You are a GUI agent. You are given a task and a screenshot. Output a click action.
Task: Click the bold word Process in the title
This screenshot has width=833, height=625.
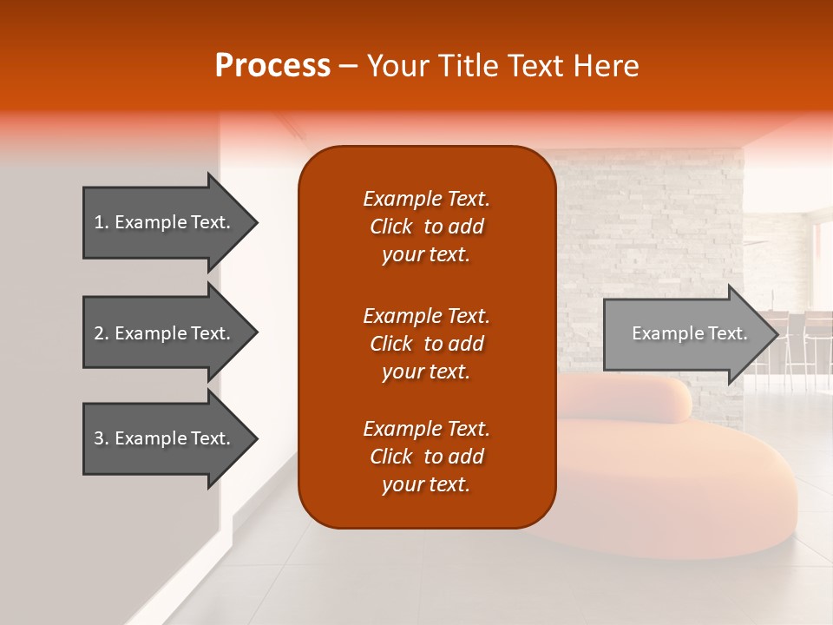[x=272, y=66]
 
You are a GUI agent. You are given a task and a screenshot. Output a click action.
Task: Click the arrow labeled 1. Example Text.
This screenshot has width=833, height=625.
[x=165, y=222]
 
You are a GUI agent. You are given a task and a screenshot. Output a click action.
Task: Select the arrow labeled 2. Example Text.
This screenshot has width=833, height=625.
[x=165, y=333]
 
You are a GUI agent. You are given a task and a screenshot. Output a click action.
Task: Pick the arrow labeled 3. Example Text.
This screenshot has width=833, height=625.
[x=165, y=438]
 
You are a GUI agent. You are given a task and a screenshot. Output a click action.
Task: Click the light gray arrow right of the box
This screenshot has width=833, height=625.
[x=685, y=334]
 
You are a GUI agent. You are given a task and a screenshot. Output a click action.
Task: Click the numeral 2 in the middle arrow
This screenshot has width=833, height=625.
[x=99, y=333]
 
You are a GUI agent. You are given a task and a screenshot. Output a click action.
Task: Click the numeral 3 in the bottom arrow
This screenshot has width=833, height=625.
[x=99, y=438]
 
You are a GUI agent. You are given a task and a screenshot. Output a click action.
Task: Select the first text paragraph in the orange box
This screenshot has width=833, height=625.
[x=426, y=227]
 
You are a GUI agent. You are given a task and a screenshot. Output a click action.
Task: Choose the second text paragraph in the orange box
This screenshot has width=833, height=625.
[x=426, y=344]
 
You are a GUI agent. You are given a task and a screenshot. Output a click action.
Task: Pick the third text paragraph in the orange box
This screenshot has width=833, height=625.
[x=426, y=457]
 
